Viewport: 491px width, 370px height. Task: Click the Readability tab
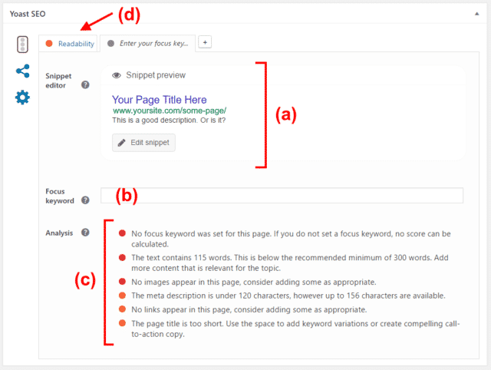coord(68,44)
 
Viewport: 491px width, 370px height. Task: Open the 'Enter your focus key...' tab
coord(148,44)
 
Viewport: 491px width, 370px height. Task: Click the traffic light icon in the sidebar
coord(22,45)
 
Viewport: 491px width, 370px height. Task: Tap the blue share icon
coord(23,71)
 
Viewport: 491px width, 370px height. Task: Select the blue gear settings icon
coord(22,97)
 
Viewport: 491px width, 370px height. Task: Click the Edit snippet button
coord(143,143)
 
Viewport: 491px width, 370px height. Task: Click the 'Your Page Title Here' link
coord(160,100)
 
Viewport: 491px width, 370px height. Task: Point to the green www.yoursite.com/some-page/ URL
coord(170,111)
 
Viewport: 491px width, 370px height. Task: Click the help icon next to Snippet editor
coord(85,84)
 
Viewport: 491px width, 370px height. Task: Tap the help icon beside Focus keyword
coord(85,200)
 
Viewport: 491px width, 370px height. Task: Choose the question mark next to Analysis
coord(85,233)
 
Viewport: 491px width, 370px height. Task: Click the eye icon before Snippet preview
coord(117,75)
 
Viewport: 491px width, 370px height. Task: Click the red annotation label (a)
coord(286,114)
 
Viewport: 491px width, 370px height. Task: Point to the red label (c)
coord(85,279)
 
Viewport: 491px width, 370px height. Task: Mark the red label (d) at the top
coord(129,15)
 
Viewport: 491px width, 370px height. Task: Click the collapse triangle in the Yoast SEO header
coord(477,14)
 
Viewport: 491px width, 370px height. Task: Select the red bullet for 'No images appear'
coord(123,282)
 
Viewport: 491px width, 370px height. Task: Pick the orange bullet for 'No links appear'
coord(123,309)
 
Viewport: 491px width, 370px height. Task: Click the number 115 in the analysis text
coord(201,257)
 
